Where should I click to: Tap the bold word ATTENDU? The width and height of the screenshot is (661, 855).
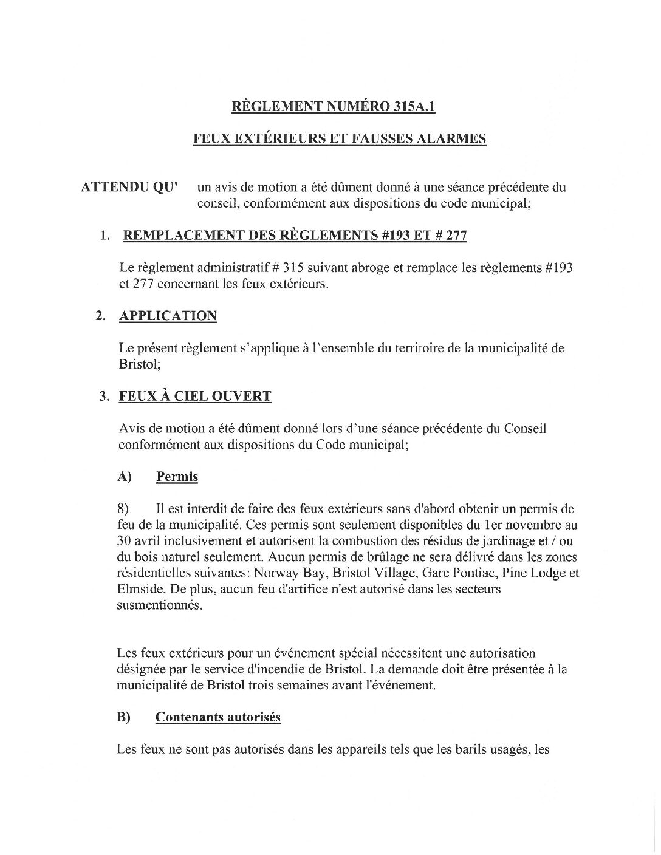click(110, 188)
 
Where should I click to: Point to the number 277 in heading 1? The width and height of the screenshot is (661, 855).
click(455, 235)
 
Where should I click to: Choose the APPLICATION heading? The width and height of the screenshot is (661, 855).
click(168, 316)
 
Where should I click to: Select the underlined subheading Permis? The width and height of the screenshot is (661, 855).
click(177, 477)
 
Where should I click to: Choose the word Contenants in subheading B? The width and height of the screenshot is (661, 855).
click(189, 717)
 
